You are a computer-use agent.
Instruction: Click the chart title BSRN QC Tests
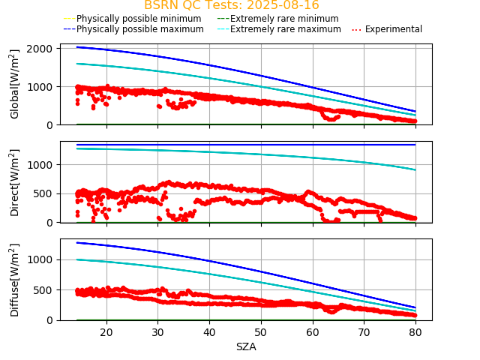tap(231, 5)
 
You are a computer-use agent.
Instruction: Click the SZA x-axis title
tap(246, 346)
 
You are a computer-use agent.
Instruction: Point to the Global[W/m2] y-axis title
tap(15, 84)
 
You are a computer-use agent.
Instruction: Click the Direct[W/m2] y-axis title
tap(15, 182)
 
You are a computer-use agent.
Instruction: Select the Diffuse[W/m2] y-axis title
tap(15, 280)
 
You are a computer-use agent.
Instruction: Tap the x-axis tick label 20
tap(106, 332)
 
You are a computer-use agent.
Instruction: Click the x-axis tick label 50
tap(260, 332)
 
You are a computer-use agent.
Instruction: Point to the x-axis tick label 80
tap(415, 332)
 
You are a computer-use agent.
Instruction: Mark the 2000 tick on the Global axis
tap(45, 48)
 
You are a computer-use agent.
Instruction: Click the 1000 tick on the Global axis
tap(45, 86)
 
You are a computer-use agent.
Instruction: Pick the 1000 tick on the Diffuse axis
tap(45, 259)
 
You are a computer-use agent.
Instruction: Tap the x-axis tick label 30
tap(157, 332)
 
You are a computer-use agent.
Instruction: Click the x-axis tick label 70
tap(363, 332)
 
